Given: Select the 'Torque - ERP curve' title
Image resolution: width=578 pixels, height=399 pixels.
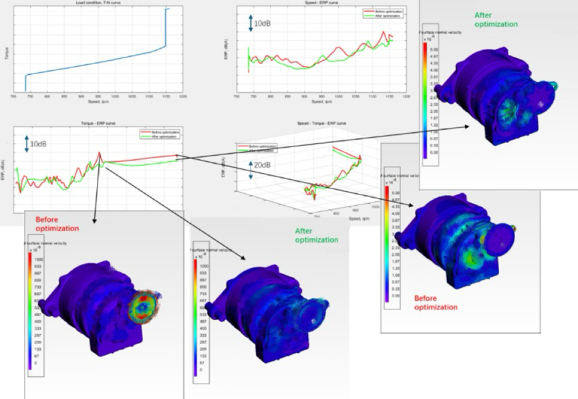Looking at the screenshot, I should tap(96, 125).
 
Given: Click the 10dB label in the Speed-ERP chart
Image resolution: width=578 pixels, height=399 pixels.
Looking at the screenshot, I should tap(263, 24).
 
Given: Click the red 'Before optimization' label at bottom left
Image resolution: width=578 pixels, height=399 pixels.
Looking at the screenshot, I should tap(57, 224).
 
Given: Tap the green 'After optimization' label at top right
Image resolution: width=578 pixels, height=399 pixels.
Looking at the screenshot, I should tap(495, 19).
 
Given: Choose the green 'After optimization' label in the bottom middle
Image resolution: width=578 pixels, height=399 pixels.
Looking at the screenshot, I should tap(316, 235).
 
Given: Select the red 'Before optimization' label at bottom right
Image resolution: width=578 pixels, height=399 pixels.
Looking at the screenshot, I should tap(436, 303).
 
